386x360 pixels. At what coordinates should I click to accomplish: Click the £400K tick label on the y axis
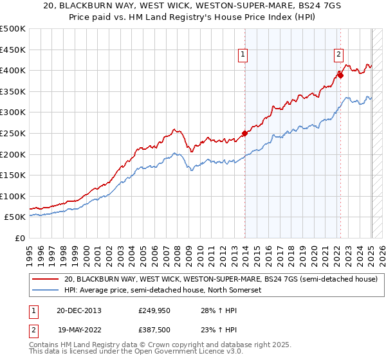tap(13, 70)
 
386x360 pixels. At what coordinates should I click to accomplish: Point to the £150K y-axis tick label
tap(13, 175)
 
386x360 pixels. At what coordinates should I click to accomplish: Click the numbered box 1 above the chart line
tap(243, 55)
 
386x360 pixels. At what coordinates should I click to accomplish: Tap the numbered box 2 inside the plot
tap(338, 55)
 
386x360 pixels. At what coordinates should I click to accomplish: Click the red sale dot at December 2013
tap(245, 134)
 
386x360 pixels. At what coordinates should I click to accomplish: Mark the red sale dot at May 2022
tap(341, 76)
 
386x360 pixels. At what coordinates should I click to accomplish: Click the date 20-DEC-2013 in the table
tap(78, 311)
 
